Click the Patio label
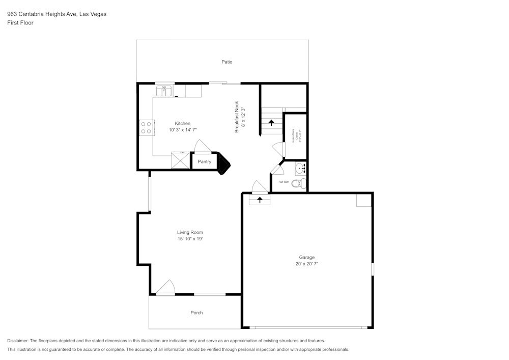227,62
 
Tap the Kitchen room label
183,124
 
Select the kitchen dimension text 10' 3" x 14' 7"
183,130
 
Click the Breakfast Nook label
237,118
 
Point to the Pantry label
204,162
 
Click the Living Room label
190,233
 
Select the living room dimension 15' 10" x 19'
190,239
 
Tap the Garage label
306,258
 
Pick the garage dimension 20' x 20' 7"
306,264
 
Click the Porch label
196,313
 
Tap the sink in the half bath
300,167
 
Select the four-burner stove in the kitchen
147,127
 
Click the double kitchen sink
164,90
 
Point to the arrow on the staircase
271,123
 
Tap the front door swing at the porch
165,288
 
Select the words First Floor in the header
20,23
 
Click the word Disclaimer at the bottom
18,341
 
